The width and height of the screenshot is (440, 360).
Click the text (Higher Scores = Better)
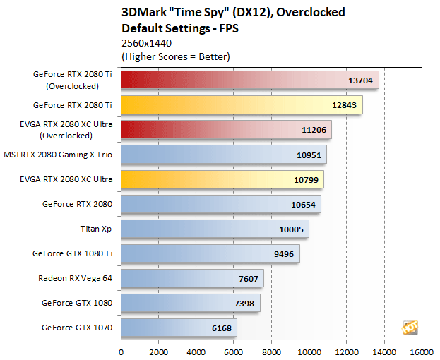[x=176, y=56]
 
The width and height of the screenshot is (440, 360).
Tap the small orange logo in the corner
[x=410, y=327]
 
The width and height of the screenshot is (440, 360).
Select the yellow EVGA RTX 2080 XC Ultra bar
[x=222, y=179]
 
